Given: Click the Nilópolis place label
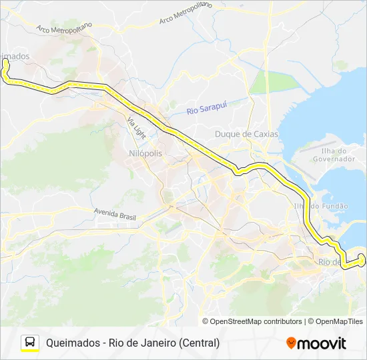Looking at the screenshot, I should pyautogui.click(x=145, y=153).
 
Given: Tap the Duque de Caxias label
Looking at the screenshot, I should pyautogui.click(x=246, y=134).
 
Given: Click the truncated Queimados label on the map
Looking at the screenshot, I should pyautogui.click(x=15, y=56).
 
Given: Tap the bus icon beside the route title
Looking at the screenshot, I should pyautogui.click(x=30, y=342).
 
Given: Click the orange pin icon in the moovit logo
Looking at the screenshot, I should pyautogui.click(x=291, y=343).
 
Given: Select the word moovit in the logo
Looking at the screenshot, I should pyautogui.click(x=322, y=343).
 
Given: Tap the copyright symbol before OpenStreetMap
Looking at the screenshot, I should pyautogui.click(x=206, y=321).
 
